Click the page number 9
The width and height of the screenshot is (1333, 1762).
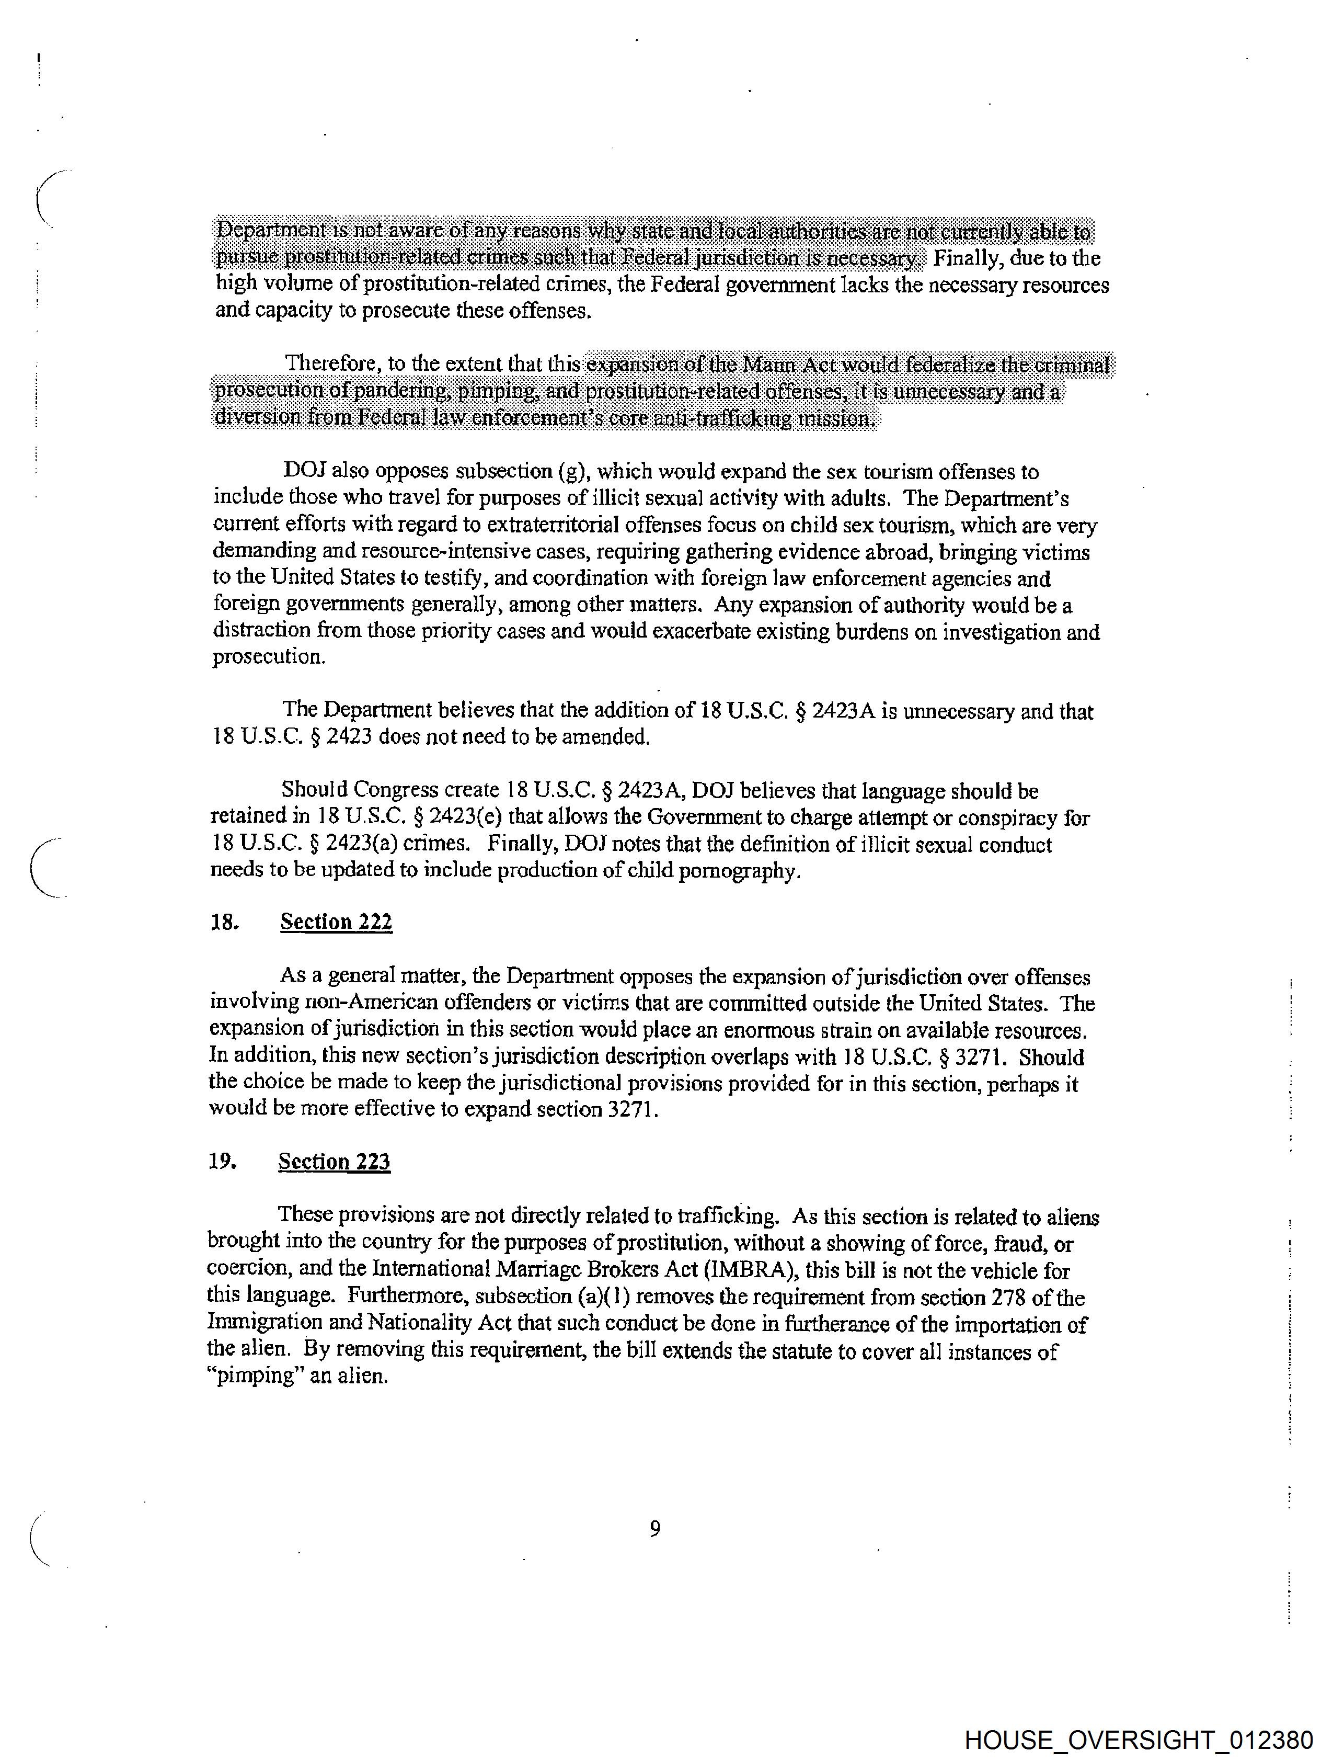point(654,1529)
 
